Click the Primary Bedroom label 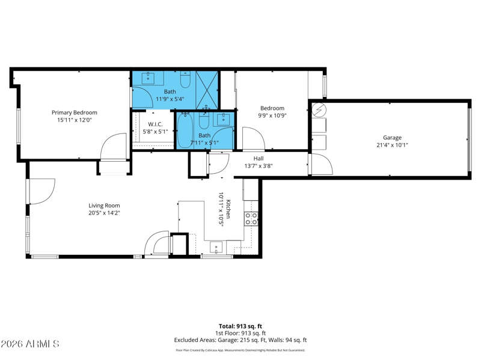[x=74, y=112]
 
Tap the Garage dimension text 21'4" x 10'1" [x=392, y=145]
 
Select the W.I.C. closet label [x=155, y=124]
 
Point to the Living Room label [x=104, y=206]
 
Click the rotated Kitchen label [x=228, y=209]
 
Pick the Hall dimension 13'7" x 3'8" [x=259, y=166]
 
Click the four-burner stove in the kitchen [x=251, y=218]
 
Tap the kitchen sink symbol [x=216, y=248]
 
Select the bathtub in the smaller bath [x=185, y=130]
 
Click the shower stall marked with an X [x=207, y=90]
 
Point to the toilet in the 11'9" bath [x=185, y=79]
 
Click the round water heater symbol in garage [x=319, y=110]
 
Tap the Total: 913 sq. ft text [x=240, y=326]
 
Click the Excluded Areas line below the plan [x=240, y=340]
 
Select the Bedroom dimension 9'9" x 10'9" [x=272, y=115]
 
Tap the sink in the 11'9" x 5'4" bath [x=149, y=78]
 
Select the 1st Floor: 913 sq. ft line [x=240, y=333]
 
